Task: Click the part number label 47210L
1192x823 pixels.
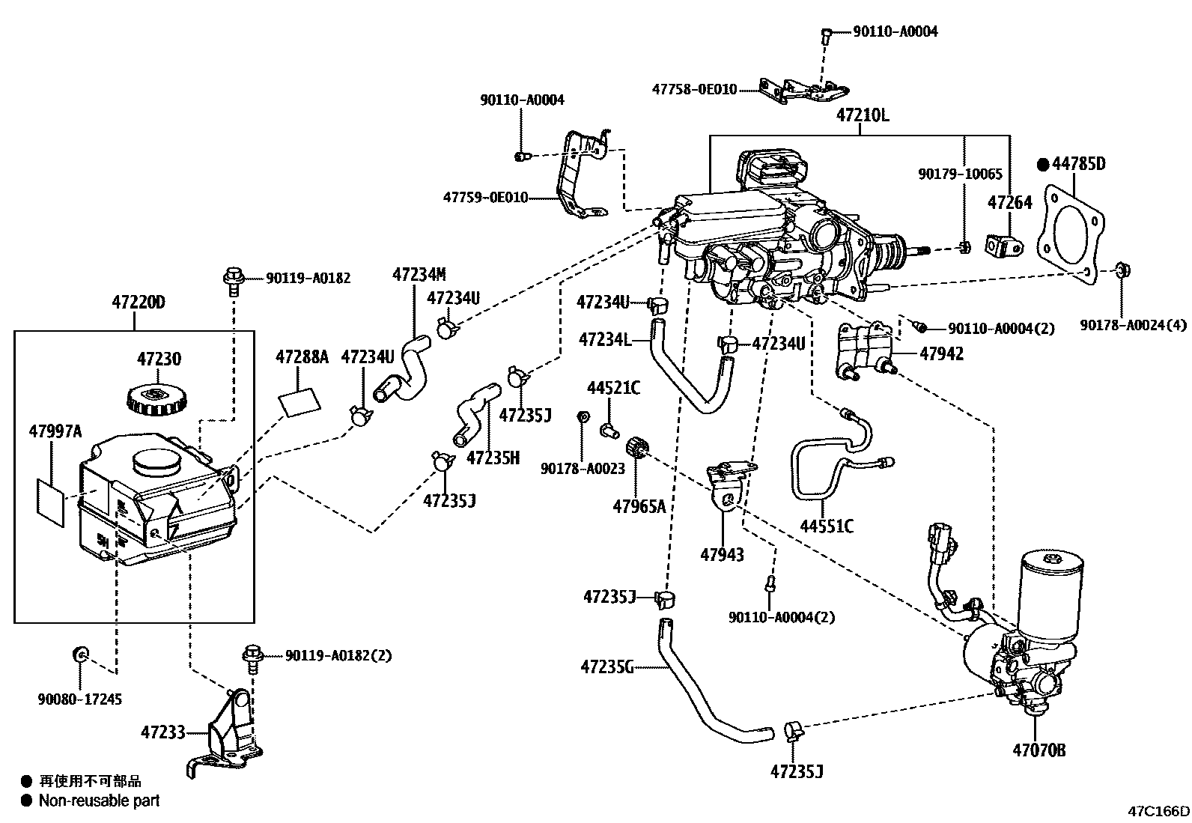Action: (862, 116)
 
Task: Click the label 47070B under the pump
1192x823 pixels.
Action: (1039, 750)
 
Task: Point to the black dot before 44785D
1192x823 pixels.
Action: (1042, 163)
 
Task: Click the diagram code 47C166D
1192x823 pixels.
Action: (1159, 811)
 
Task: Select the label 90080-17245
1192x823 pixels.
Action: (79, 699)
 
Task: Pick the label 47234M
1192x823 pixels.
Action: (419, 275)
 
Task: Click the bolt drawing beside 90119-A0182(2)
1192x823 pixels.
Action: (252, 655)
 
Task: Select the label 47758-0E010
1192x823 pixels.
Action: (694, 89)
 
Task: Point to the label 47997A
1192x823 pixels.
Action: (55, 431)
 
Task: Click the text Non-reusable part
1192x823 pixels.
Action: (100, 801)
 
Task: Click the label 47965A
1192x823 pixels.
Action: (639, 506)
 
